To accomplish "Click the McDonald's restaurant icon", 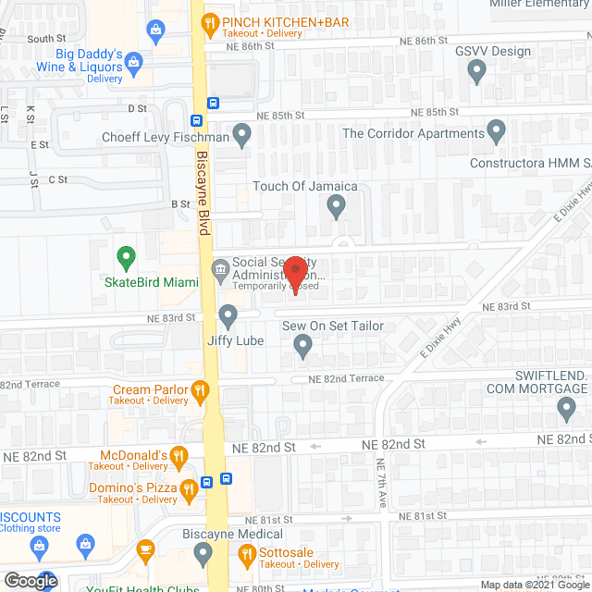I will [179, 455].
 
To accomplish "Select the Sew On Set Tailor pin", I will [302, 347].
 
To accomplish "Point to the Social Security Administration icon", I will [220, 271].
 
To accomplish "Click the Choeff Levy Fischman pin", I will [242, 137].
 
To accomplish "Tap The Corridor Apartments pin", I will [497, 132].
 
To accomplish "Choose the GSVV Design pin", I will [476, 70].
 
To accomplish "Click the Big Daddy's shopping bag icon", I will [135, 63].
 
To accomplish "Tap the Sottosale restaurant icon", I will [247, 556].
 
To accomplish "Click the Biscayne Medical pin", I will [204, 555].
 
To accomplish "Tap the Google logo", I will [31, 581].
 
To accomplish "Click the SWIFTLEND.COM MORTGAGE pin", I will [567, 408].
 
